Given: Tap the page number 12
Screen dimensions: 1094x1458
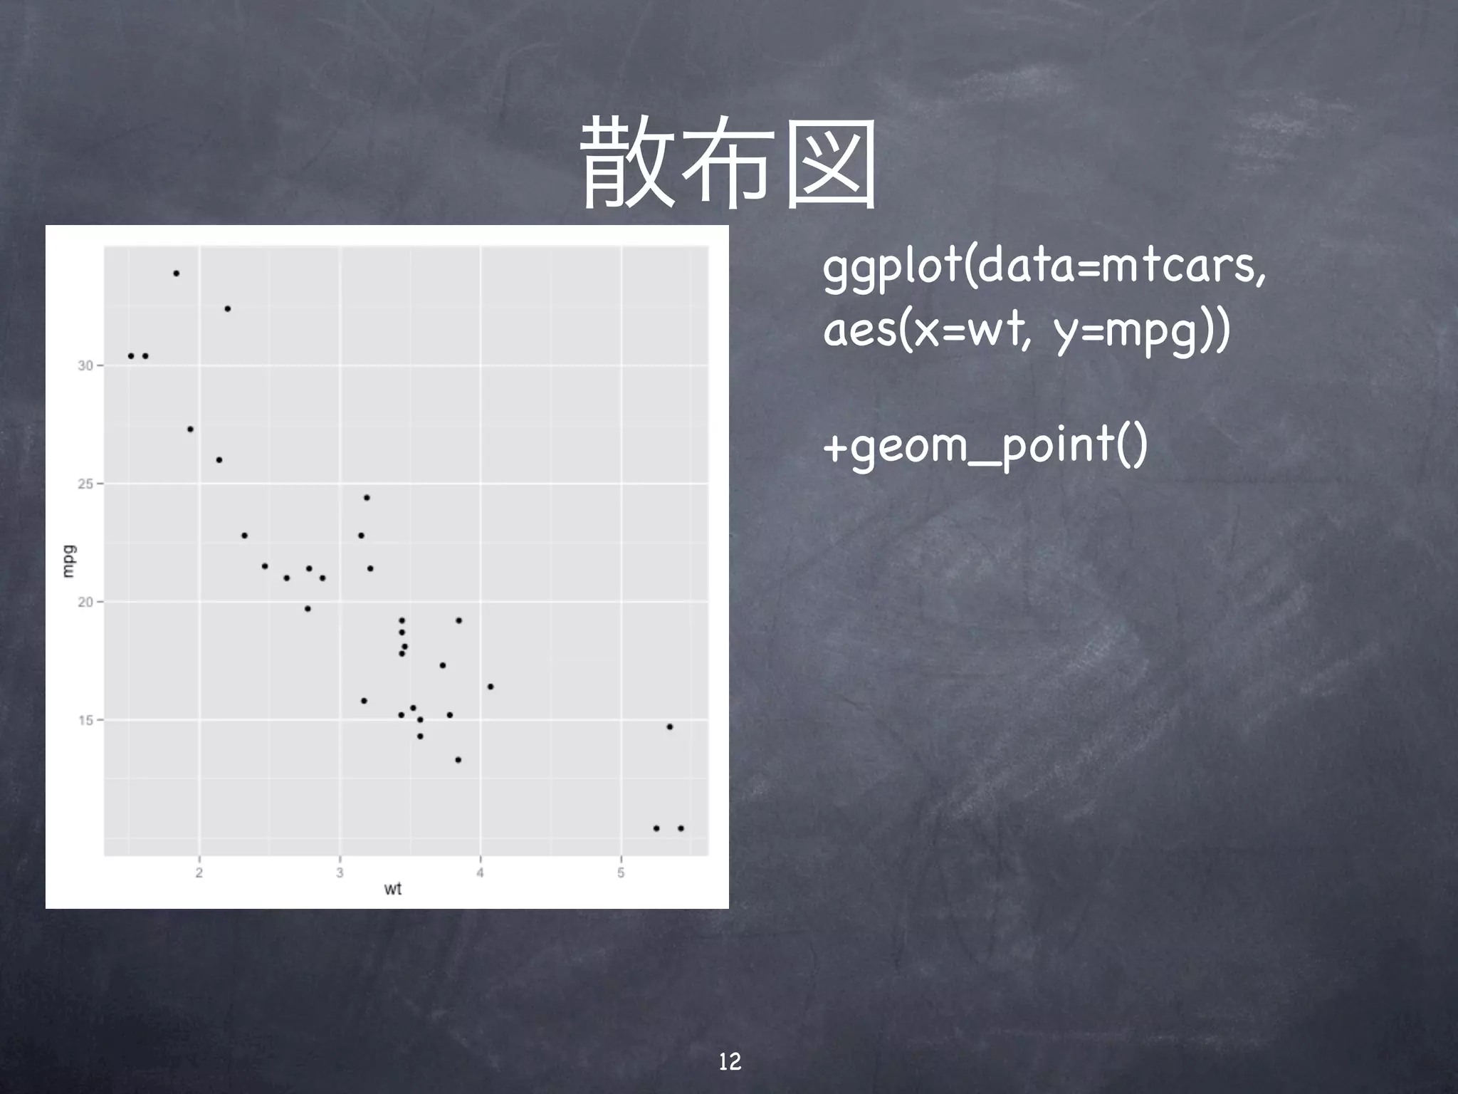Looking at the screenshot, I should point(730,1062).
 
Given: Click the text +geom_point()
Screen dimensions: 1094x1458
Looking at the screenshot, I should point(985,446).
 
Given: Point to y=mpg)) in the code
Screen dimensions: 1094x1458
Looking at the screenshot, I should point(1141,332).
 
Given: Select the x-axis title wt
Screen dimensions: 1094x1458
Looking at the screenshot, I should point(392,888).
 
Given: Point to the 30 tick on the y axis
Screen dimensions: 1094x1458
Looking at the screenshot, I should point(86,365).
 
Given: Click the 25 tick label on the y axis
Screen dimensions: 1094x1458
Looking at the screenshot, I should point(86,484).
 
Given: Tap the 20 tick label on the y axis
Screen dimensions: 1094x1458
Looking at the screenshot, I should point(86,602).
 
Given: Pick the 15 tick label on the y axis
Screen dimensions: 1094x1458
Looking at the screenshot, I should point(86,720).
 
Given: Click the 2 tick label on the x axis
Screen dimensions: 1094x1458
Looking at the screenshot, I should point(199,872).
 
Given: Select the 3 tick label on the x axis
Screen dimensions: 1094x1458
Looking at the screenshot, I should point(340,872).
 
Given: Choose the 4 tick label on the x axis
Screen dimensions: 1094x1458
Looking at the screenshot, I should point(481,872).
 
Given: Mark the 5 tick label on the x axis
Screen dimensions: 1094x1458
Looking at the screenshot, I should point(621,872).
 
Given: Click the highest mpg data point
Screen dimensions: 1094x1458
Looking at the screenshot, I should point(177,273).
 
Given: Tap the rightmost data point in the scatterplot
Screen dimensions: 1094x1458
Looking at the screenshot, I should point(681,828).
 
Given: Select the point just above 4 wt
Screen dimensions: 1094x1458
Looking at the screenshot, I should point(491,687).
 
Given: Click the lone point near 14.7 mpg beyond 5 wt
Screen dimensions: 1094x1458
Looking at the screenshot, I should point(670,726).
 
